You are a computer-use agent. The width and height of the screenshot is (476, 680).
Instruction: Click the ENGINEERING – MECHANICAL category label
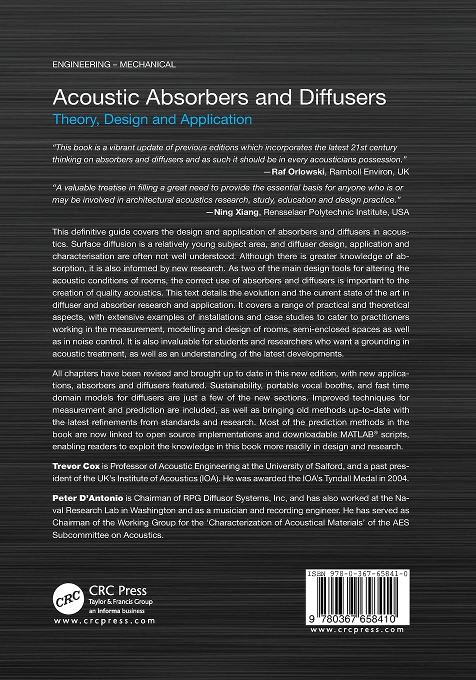(x=114, y=64)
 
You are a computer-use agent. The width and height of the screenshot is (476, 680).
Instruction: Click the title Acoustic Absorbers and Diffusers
(x=219, y=97)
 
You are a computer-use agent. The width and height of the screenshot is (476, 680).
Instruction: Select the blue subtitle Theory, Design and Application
(x=152, y=119)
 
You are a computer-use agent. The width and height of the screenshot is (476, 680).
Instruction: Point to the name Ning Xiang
(x=236, y=212)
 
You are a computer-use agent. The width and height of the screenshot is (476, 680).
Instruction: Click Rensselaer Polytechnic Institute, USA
(x=336, y=212)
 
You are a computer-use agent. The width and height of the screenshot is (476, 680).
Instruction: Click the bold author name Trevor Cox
(x=76, y=466)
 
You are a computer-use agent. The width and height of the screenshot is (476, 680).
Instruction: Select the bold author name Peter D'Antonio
(x=87, y=498)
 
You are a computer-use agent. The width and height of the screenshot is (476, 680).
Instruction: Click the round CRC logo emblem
(x=68, y=598)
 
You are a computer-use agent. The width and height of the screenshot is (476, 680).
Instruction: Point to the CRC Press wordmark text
(x=117, y=590)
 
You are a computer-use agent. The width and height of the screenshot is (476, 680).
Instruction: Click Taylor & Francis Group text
(x=120, y=602)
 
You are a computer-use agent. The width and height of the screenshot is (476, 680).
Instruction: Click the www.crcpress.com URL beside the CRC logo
(x=104, y=621)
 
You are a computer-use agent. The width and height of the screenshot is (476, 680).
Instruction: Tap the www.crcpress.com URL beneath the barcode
(x=357, y=629)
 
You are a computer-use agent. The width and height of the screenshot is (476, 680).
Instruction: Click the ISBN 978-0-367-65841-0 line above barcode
(x=357, y=574)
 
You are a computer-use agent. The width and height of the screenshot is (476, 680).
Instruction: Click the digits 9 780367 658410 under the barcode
(x=357, y=618)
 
